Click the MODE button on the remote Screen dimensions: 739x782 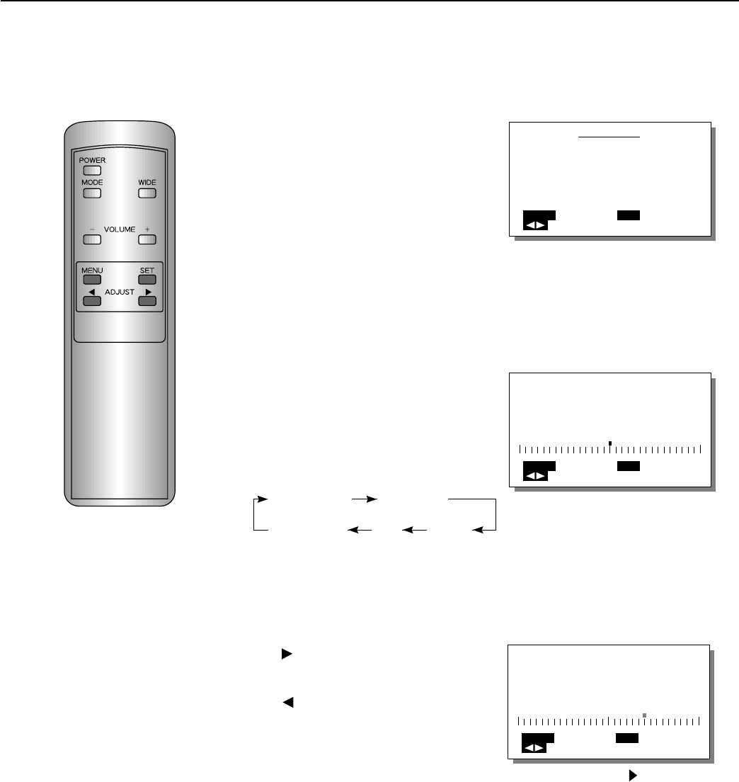pos(91,193)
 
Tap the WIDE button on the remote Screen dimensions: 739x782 pos(147,193)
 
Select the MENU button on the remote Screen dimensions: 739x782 pos(91,279)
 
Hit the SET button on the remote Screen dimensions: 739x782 pos(147,279)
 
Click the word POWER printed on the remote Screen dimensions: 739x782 pos(92,160)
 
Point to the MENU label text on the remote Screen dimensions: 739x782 pos(92,270)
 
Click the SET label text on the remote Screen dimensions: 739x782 pos(147,270)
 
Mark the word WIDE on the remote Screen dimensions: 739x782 pos(147,183)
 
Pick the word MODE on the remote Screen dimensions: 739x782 pos(92,183)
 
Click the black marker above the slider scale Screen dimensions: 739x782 pos(610,443)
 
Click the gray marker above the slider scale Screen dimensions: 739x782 pos(644,715)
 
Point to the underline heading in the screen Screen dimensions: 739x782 pos(609,137)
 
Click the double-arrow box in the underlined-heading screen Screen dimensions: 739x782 pos(535,225)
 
